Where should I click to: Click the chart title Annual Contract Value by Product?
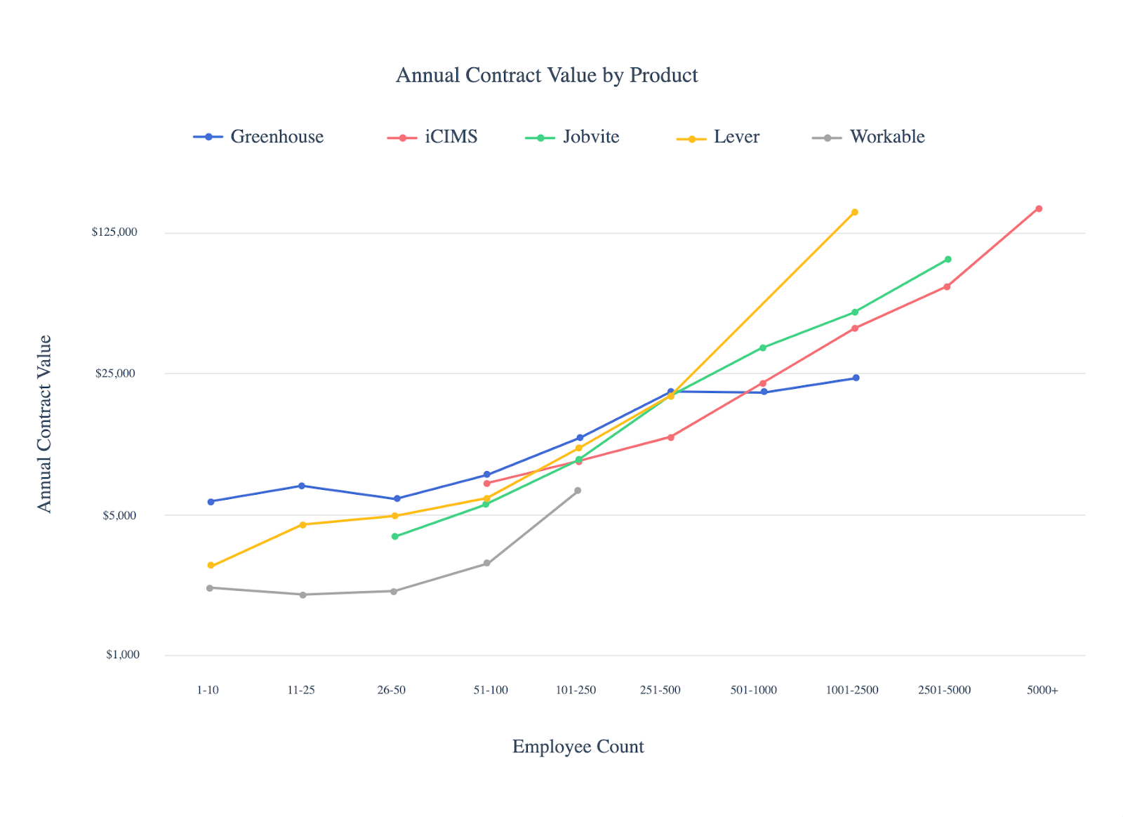547,75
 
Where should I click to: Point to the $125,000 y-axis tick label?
114,232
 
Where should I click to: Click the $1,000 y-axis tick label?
123,655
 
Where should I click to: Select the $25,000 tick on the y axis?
115,373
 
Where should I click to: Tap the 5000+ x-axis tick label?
1042,690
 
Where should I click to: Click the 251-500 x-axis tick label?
660,690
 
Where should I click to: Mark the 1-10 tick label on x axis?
208,690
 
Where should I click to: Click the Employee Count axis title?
578,747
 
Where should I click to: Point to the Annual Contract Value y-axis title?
45,424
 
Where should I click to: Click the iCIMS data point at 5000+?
1039,208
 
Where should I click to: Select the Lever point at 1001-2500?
854,212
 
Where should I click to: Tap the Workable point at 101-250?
578,491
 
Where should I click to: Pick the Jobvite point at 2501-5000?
948,260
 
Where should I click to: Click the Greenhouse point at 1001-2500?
856,378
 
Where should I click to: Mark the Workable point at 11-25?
303,595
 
